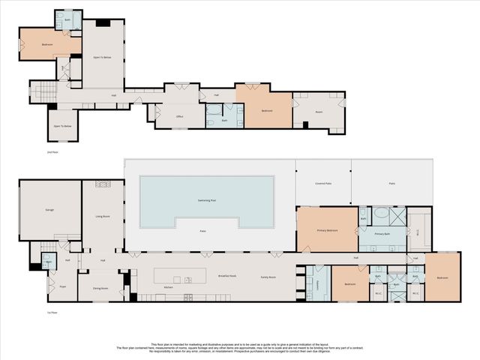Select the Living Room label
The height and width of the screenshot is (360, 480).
pos(103,216)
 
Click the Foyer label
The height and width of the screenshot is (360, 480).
pos(52,285)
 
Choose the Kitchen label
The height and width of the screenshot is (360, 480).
pos(169,287)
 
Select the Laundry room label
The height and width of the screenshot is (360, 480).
pos(311,283)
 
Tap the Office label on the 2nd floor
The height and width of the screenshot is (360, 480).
pos(180,117)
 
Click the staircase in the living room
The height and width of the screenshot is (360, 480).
pos(103,184)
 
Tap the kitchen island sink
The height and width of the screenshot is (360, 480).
pos(187,280)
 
